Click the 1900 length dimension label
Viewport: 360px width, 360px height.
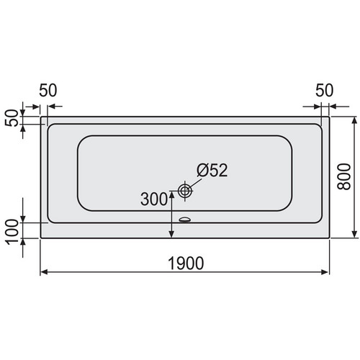coord(186,263)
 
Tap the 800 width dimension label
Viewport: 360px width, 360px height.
coord(343,176)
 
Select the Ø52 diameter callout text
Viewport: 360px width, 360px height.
coord(212,170)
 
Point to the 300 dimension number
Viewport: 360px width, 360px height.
coord(154,199)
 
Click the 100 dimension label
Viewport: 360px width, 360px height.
coord(12,232)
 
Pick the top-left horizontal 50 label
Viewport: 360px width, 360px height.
coord(48,90)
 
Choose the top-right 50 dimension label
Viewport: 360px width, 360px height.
coord(324,90)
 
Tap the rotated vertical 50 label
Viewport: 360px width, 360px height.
coord(12,118)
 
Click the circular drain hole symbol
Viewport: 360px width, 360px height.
coord(185,191)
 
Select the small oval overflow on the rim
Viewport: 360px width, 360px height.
coord(185,220)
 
